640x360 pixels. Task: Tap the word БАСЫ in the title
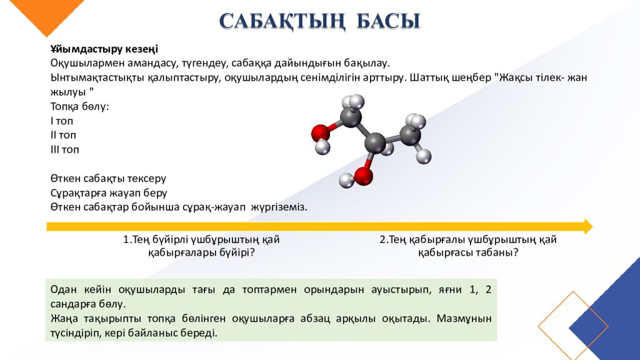[x=388, y=21]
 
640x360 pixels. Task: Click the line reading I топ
[x=62, y=121]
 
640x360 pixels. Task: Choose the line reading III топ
[x=65, y=149]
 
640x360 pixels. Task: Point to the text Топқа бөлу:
[x=79, y=106]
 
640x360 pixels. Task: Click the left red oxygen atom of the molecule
[x=320, y=132]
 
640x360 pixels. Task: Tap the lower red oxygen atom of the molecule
[x=363, y=176]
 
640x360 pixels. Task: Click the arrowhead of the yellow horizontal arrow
[x=587, y=226]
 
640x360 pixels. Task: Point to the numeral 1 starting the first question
[x=126, y=239]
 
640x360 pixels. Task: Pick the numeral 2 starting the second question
[x=382, y=239]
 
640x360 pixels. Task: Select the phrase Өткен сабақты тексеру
[x=108, y=179]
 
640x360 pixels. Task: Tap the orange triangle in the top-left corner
[x=34, y=12]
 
